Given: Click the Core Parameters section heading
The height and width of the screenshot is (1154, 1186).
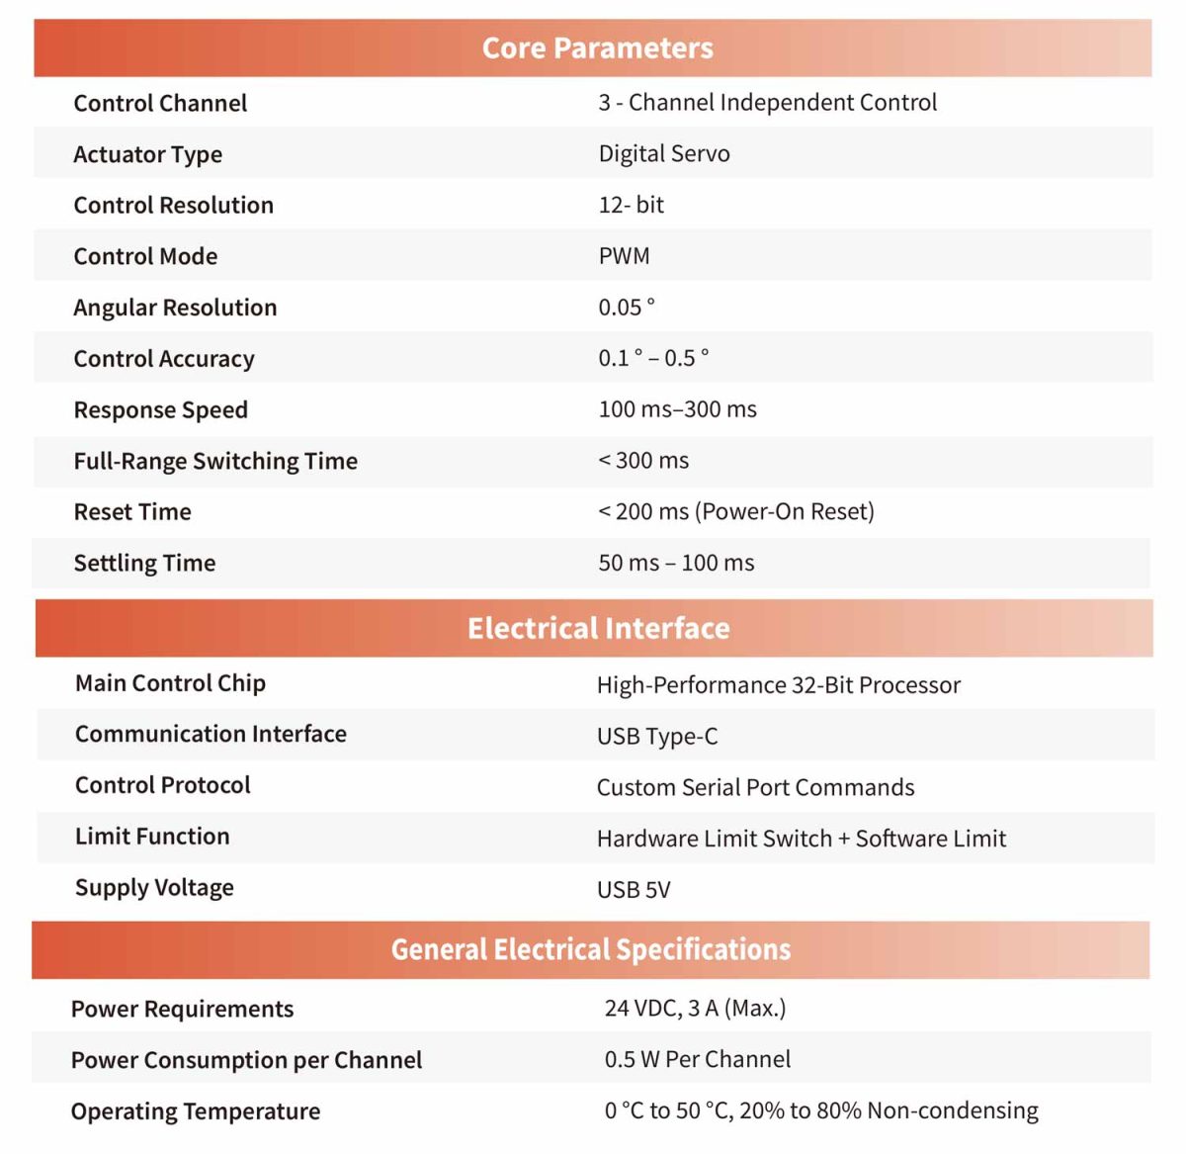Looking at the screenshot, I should (x=597, y=47).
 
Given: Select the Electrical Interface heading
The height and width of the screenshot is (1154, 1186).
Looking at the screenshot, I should (x=598, y=628).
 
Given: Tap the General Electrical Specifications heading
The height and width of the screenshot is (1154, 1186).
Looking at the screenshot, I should (x=591, y=949).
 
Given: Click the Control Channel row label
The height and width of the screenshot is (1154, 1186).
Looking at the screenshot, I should (x=160, y=103).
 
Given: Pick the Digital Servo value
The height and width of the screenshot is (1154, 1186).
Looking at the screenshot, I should (x=664, y=153).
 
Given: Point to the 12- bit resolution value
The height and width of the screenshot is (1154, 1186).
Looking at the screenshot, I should (x=631, y=205).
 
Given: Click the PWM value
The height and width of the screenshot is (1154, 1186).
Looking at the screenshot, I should (x=624, y=256).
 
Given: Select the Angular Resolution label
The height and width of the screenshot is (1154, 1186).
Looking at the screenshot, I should (x=175, y=308).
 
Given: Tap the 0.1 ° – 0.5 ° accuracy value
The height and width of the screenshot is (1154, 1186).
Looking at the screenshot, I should (x=653, y=358).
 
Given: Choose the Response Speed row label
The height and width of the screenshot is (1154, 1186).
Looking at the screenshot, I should (x=160, y=409).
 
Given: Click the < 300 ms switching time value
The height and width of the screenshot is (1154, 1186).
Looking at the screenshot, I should (x=643, y=461).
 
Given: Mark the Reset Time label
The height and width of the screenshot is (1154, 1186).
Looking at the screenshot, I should (x=132, y=511).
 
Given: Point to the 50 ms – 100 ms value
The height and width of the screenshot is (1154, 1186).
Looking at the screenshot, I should (x=676, y=563).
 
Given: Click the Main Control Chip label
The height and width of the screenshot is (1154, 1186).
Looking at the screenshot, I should (x=170, y=683).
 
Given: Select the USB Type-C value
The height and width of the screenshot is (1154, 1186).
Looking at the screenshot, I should (x=657, y=737).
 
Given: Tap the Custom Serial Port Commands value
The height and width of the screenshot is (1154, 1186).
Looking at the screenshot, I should (x=755, y=787).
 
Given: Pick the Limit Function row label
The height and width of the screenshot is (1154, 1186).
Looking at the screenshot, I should (x=152, y=837).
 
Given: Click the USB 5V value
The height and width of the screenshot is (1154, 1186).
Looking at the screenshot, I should (x=634, y=890).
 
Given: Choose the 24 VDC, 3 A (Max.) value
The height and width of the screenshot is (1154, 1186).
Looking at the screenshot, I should (x=695, y=1008).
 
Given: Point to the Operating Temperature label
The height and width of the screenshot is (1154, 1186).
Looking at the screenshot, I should (x=196, y=1111).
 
